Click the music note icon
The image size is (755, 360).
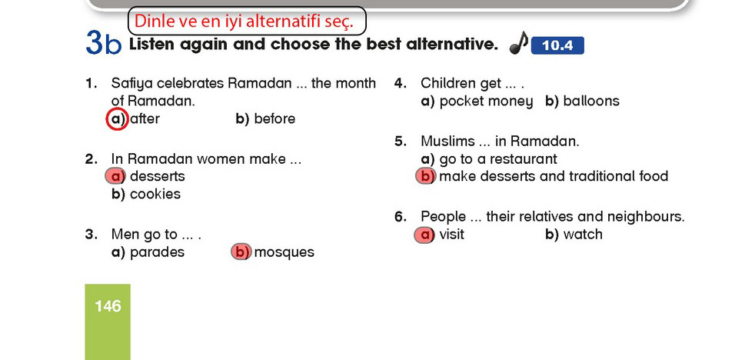[519, 43]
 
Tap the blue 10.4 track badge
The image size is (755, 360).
[557, 46]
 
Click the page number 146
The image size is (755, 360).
[108, 306]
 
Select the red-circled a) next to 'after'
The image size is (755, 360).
[117, 119]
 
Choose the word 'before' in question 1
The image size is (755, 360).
[274, 119]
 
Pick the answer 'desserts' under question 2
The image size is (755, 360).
[158, 176]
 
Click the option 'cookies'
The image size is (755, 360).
[155, 194]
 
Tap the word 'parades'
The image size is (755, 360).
[157, 252]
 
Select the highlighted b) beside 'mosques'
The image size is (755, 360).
[241, 252]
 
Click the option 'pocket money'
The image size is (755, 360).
[487, 102]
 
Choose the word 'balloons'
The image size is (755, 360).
[591, 102]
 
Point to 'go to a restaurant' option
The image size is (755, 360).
[498, 159]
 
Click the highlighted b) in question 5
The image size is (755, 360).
[426, 176]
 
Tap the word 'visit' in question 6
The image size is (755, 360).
[451, 234]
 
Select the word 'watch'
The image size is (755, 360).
[583, 234]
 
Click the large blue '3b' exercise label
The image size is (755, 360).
[104, 43]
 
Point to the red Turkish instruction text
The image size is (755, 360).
[244, 22]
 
